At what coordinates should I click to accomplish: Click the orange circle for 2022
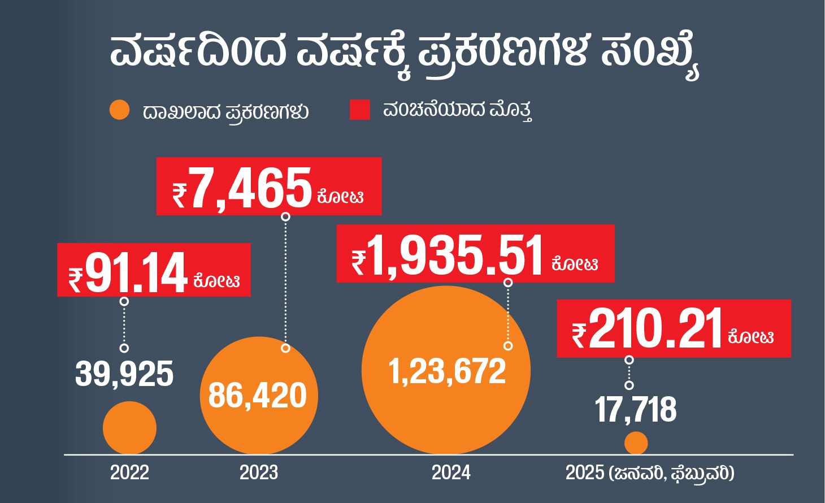(129, 428)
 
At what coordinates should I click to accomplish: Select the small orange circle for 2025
(636, 443)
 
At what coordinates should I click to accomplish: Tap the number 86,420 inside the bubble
(258, 396)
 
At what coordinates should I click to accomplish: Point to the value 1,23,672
(447, 372)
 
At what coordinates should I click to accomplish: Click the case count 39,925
(124, 374)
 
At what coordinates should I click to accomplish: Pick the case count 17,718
(636, 410)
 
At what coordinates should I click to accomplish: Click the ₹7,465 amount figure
(250, 188)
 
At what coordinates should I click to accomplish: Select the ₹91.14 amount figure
(136, 273)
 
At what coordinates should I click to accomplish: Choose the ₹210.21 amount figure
(655, 329)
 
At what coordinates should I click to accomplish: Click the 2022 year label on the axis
(129, 472)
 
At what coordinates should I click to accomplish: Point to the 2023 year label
(259, 472)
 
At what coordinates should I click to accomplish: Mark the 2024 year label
(451, 472)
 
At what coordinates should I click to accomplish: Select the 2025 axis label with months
(650, 472)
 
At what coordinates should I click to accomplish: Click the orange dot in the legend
(120, 110)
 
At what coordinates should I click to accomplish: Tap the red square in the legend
(360, 110)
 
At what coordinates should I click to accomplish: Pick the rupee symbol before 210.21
(579, 335)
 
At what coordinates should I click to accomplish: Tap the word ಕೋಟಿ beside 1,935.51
(575, 263)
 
